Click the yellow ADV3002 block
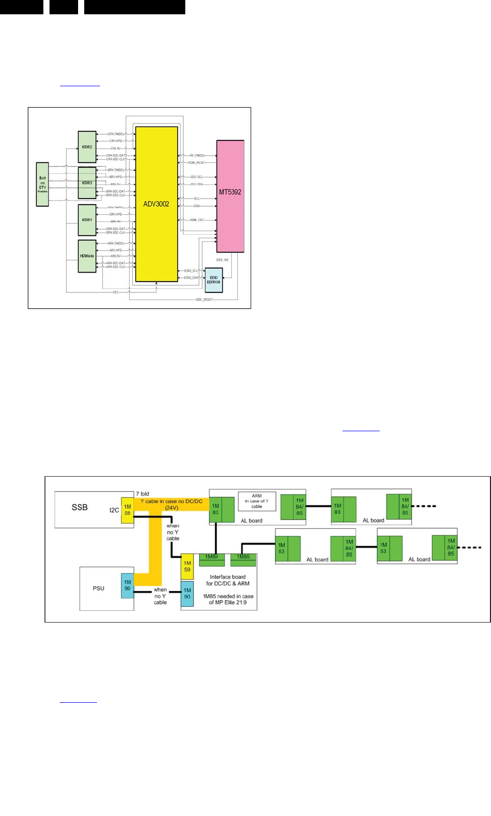(156, 204)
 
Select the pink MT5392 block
(230, 196)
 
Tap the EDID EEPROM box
(213, 280)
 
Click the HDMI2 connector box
(87, 147)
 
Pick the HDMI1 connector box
(87, 220)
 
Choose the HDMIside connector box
(87, 256)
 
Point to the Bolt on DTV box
(42, 184)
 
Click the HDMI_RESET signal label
(197, 163)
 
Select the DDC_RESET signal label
(204, 300)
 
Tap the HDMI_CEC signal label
(197, 220)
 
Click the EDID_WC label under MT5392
(223, 260)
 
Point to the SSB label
(80, 507)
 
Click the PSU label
(99, 588)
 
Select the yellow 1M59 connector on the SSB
(127, 510)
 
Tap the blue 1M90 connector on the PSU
(127, 585)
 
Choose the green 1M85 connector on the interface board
(243, 557)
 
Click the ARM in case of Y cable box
(257, 501)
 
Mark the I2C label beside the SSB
(114, 510)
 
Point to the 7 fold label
(142, 493)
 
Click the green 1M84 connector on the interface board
(212, 557)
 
